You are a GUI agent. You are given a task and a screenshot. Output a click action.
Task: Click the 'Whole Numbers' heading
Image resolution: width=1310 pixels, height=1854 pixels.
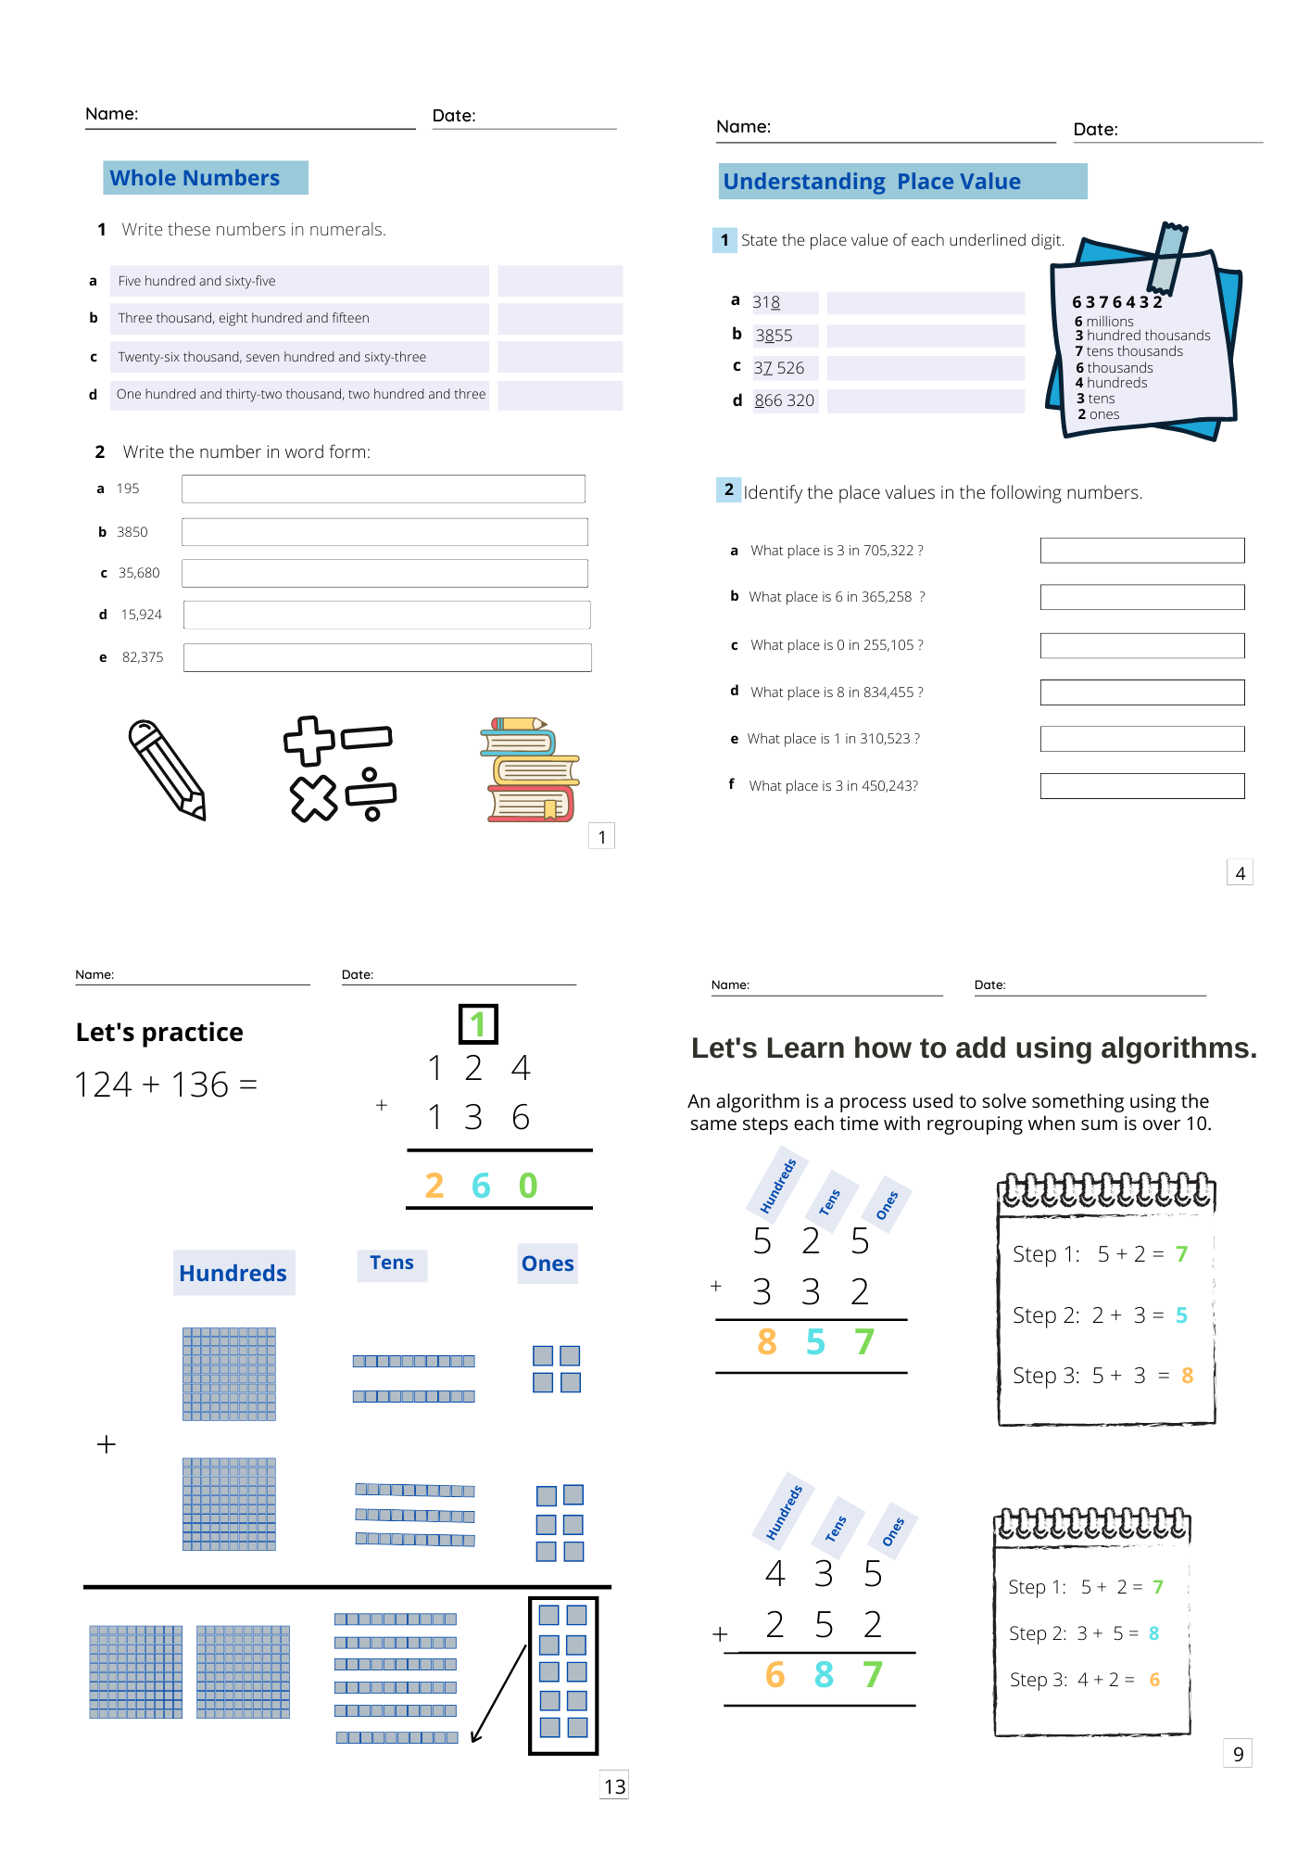click(195, 178)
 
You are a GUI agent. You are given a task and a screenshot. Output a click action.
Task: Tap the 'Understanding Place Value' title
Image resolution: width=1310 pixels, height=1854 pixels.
click(872, 182)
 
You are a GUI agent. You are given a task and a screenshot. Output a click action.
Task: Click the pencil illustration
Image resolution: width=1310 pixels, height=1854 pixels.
click(168, 769)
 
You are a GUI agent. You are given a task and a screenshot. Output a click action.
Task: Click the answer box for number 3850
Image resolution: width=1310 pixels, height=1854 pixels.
click(384, 532)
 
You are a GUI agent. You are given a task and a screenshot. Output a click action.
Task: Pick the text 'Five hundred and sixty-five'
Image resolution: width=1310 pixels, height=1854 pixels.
click(196, 281)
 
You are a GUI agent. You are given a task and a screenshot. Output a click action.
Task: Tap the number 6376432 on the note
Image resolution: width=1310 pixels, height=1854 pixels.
click(1116, 302)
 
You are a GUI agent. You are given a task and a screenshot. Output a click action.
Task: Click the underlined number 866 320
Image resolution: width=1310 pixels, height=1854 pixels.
click(784, 400)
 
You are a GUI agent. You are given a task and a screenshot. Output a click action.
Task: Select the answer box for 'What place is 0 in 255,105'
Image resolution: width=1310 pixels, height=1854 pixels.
click(1141, 645)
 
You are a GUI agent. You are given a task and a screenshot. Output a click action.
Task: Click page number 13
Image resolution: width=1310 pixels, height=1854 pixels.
click(614, 1786)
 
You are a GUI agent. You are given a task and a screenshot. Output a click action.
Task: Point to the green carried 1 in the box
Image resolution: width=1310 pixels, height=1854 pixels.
click(478, 1024)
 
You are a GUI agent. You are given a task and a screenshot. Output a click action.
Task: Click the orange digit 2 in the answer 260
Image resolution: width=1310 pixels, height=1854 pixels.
click(434, 1186)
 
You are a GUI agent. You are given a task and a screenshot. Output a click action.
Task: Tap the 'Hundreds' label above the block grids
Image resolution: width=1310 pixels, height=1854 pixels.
click(233, 1274)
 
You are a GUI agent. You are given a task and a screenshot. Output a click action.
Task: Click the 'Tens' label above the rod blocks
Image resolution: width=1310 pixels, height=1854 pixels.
click(391, 1263)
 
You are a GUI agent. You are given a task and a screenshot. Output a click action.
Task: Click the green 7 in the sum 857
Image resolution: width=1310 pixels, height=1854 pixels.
click(863, 1342)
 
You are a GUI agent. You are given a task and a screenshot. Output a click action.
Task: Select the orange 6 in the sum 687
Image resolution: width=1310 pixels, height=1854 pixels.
click(775, 1675)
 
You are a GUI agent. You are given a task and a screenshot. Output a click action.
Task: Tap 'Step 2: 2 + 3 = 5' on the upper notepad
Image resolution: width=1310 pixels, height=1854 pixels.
click(1100, 1315)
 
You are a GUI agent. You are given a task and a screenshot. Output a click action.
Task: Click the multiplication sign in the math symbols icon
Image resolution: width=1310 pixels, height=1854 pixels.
click(313, 798)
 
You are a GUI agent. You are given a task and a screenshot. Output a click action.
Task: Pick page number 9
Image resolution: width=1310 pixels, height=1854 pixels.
click(1238, 1754)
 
